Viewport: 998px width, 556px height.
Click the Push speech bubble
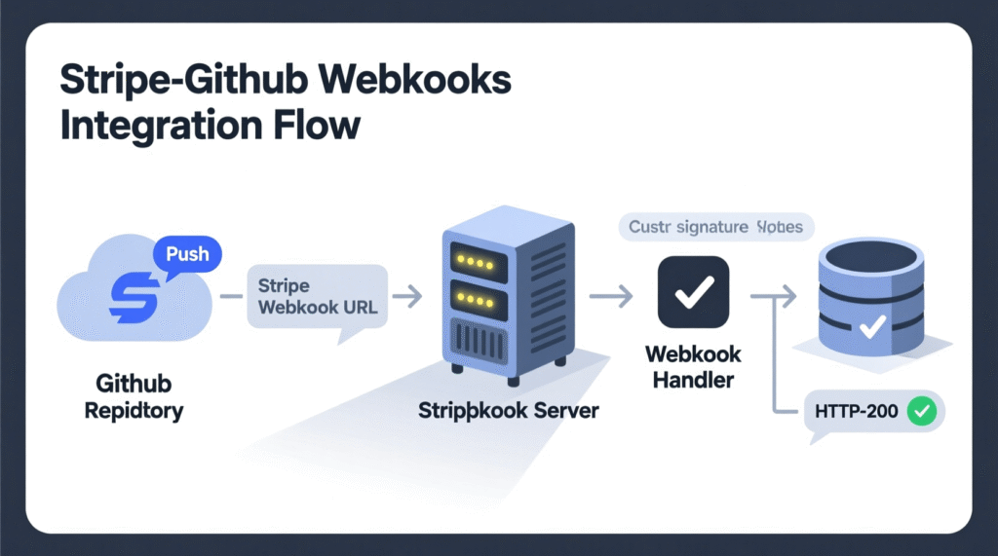(x=187, y=255)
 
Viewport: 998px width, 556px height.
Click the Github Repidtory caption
(x=134, y=396)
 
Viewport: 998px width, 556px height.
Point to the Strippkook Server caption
(x=509, y=409)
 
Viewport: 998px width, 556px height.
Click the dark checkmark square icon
(x=693, y=290)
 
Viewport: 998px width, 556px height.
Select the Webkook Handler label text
(x=692, y=367)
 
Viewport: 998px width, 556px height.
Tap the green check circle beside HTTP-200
(x=921, y=412)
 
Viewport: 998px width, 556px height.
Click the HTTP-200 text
(x=857, y=412)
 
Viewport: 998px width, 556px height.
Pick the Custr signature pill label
(x=716, y=228)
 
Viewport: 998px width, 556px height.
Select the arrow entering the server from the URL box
(x=409, y=293)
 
